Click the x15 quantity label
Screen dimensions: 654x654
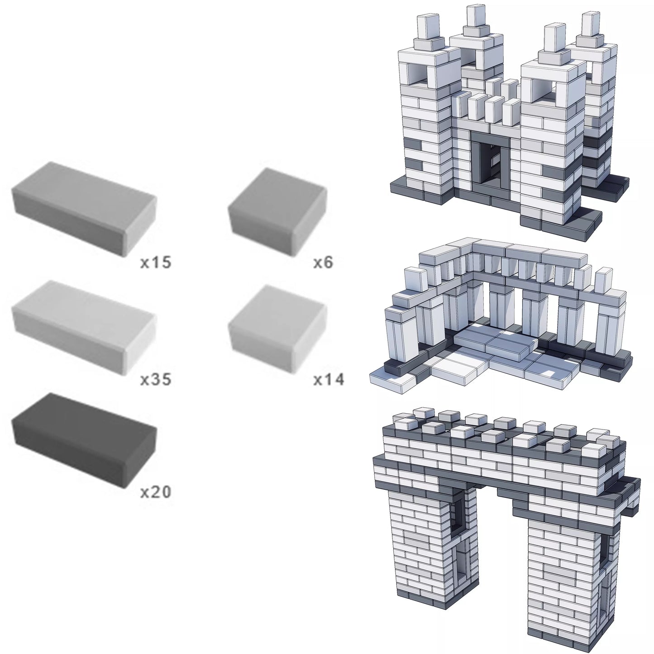tap(156, 263)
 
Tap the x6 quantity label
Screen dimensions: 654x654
tap(323, 263)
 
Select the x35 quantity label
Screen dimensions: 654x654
tap(156, 379)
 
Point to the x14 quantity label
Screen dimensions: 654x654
tap(329, 379)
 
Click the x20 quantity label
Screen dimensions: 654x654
tap(156, 492)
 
